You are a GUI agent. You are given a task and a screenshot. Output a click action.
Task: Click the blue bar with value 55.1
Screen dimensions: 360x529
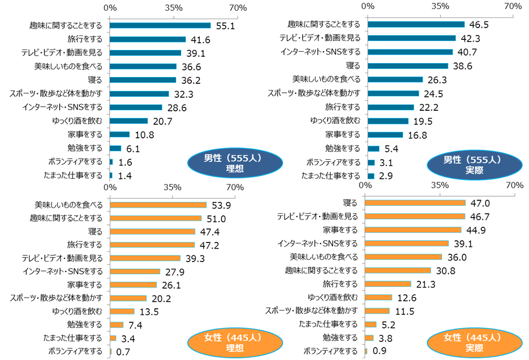click(x=160, y=25)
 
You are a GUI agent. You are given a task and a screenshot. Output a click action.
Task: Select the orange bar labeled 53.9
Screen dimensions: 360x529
click(x=158, y=205)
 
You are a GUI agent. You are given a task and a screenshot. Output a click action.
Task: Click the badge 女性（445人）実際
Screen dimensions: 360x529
click(x=464, y=342)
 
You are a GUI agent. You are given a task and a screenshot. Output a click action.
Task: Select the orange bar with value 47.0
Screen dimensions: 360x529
click(x=416, y=202)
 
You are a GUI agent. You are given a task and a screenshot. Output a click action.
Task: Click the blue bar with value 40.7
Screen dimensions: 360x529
click(x=410, y=52)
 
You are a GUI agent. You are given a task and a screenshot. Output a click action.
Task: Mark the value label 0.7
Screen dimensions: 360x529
click(x=123, y=352)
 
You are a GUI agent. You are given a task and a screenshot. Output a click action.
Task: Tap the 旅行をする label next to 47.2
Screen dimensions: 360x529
click(x=85, y=245)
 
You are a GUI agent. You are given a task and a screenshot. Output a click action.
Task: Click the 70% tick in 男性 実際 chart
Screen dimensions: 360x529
click(x=513, y=6)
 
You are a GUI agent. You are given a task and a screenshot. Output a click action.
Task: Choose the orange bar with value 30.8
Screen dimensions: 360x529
click(x=398, y=271)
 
